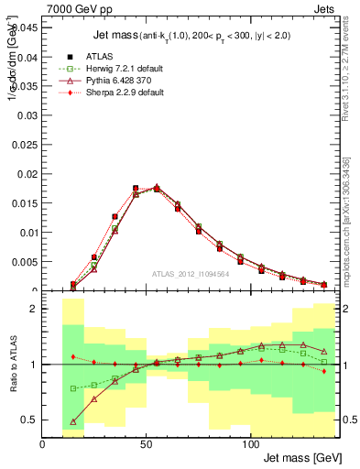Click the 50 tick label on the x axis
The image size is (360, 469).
point(147,444)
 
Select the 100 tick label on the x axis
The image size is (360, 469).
point(251,444)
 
